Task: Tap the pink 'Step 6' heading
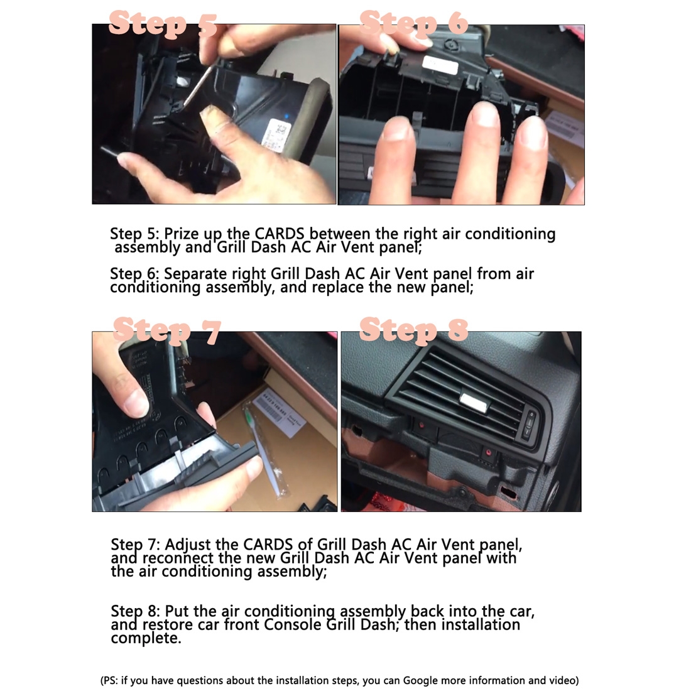click(x=413, y=23)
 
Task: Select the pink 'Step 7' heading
click(x=166, y=330)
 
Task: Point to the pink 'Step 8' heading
click(x=413, y=329)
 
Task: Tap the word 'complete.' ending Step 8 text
click(x=146, y=638)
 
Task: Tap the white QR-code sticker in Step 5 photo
click(x=277, y=136)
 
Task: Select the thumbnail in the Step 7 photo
click(x=135, y=403)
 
